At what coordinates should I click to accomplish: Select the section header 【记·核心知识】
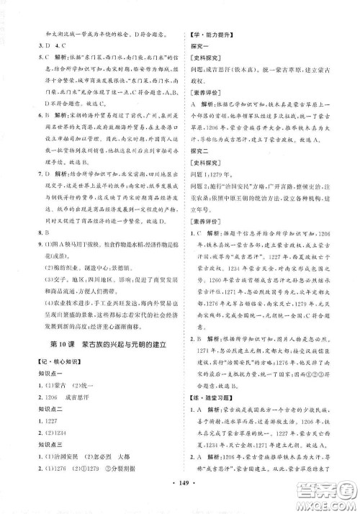click(x=48, y=368)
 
